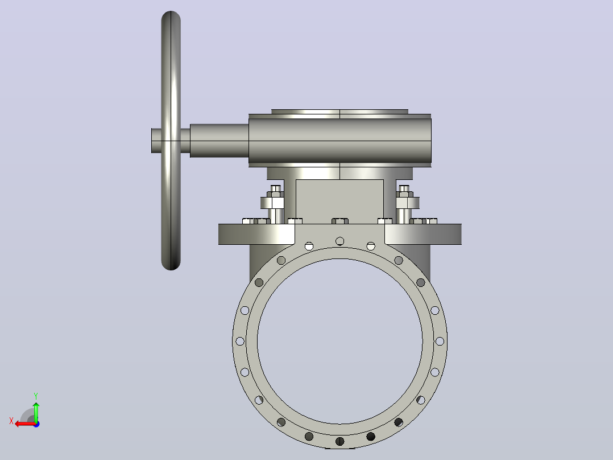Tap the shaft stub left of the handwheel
[x=156, y=141]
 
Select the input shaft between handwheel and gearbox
[x=219, y=141]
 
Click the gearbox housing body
[x=340, y=141]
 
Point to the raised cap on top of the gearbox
[x=339, y=112]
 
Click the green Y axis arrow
[x=36, y=412]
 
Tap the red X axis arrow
[x=26, y=424]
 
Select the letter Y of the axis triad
[x=36, y=396]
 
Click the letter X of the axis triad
[x=11, y=421]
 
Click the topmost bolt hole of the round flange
[x=339, y=241]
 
